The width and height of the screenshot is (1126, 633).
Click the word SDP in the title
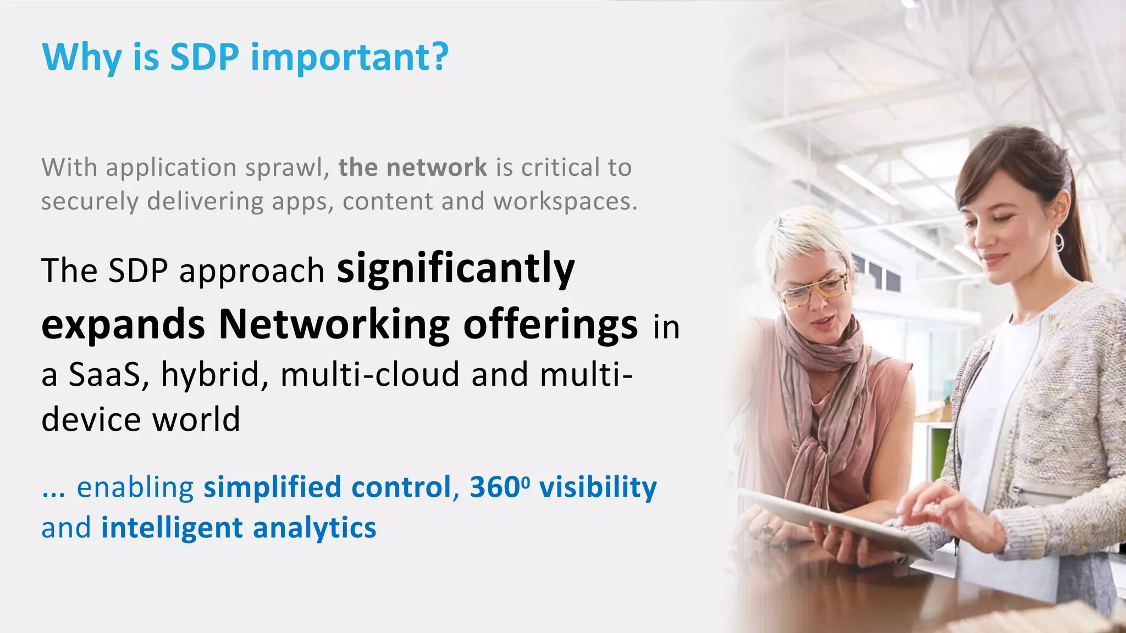click(205, 57)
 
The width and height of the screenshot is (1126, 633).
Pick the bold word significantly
click(456, 270)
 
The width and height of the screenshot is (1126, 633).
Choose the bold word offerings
click(550, 325)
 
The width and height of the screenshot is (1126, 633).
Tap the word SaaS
click(104, 375)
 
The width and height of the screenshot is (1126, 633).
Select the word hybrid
click(210, 375)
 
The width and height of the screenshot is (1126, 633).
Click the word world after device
click(196, 420)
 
